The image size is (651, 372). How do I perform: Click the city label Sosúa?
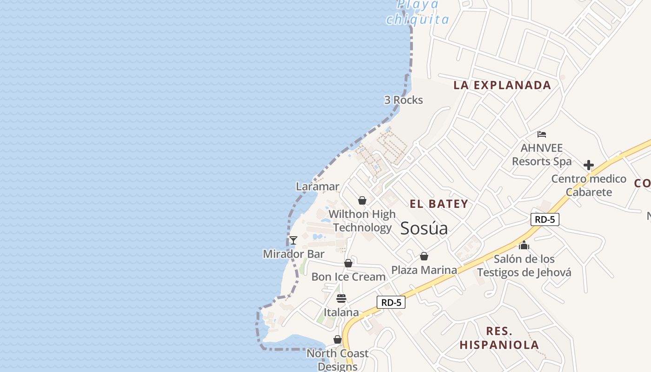(x=424, y=228)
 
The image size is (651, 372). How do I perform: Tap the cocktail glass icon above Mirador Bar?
(x=293, y=240)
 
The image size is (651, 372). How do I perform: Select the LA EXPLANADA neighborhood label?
(x=502, y=85)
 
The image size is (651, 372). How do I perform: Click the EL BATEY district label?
(x=438, y=204)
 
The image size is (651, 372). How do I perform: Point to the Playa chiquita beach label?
(x=418, y=12)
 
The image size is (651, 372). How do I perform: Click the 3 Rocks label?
(x=403, y=100)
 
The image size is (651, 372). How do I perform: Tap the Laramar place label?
(x=318, y=186)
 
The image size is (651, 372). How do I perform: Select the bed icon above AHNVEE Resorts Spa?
(x=542, y=134)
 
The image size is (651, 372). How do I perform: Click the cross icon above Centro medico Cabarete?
(x=589, y=165)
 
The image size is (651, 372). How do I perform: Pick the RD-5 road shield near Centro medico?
(x=545, y=219)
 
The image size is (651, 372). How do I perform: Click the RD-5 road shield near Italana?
(x=391, y=302)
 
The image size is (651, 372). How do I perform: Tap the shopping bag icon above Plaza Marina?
(x=424, y=256)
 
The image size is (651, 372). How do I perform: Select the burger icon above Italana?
(x=341, y=299)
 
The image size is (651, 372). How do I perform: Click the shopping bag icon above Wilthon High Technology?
(x=362, y=200)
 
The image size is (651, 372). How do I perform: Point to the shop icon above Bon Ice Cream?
(x=348, y=263)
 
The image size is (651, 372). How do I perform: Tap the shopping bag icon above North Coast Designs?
(x=338, y=340)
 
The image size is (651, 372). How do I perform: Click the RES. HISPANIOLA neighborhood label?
(x=499, y=338)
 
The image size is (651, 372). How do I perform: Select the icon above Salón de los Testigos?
(x=524, y=245)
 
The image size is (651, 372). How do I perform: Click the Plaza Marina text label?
(x=424, y=270)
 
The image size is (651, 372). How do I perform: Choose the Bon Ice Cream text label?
(x=348, y=277)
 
